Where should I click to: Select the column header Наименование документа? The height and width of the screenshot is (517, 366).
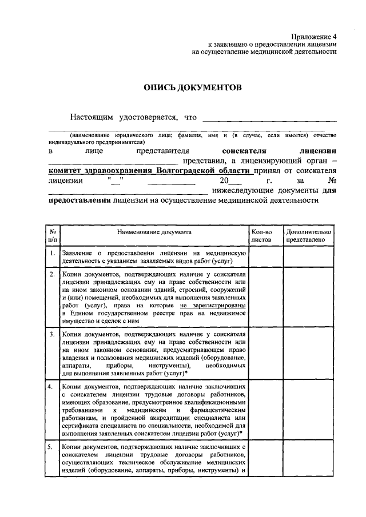click(154, 233)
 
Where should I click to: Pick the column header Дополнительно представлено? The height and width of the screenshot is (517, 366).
click(309, 236)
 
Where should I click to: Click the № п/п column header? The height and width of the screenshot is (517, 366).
click(52, 236)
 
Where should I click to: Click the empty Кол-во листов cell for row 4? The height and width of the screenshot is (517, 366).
click(265, 410)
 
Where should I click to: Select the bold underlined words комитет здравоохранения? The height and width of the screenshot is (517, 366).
click(97, 171)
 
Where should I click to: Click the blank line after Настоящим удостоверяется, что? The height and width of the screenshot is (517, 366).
click(269, 118)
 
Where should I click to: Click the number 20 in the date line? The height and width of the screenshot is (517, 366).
click(216, 181)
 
